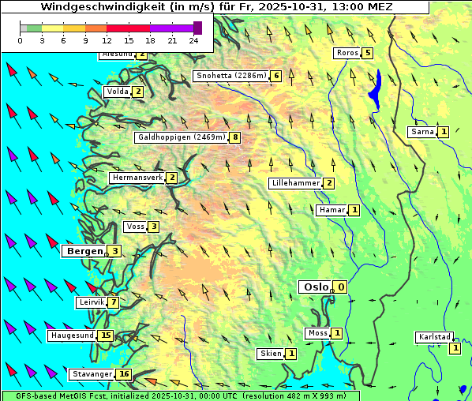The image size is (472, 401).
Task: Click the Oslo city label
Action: [x=316, y=287]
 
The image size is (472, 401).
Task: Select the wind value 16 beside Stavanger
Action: [x=124, y=374]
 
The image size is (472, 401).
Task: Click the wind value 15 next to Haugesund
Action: [x=106, y=335]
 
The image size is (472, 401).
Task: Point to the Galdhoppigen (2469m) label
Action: [x=181, y=137]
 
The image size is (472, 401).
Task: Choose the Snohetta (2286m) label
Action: [x=231, y=76]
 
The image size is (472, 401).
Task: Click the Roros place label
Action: [x=347, y=53]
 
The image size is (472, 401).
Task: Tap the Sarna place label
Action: [x=422, y=132]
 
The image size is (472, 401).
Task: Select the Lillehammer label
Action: [x=295, y=183]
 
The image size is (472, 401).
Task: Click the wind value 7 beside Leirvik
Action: [x=114, y=302]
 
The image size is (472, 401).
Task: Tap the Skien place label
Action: [x=271, y=354]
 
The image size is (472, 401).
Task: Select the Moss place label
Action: [x=317, y=333]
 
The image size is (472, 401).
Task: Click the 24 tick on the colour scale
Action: [x=193, y=40]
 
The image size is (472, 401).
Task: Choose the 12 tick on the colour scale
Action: [x=107, y=40]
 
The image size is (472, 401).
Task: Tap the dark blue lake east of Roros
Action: [x=376, y=86]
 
